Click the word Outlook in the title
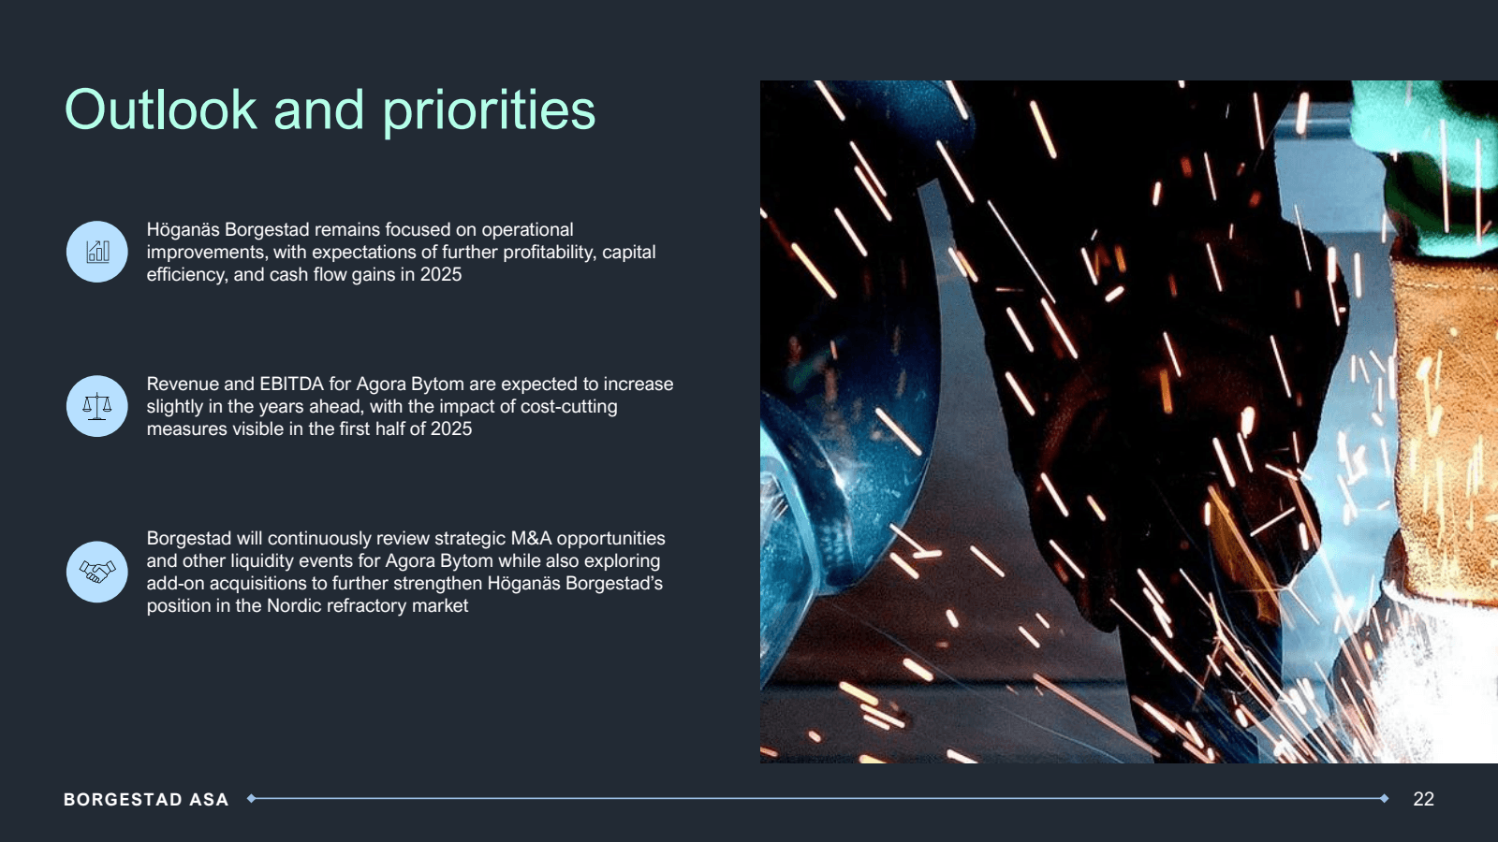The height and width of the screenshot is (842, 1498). point(160,109)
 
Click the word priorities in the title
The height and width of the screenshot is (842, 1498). point(489,112)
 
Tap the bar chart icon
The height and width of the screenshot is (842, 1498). point(97,252)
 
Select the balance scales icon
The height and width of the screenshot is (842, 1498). point(97,406)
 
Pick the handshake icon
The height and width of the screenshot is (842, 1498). point(97,572)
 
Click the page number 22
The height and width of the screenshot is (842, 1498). point(1423,799)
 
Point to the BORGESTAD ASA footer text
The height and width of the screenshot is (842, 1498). point(146,799)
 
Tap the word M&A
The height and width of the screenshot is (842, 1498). point(531,539)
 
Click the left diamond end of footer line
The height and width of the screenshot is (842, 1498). point(252,798)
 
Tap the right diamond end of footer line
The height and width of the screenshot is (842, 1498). point(1385,798)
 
